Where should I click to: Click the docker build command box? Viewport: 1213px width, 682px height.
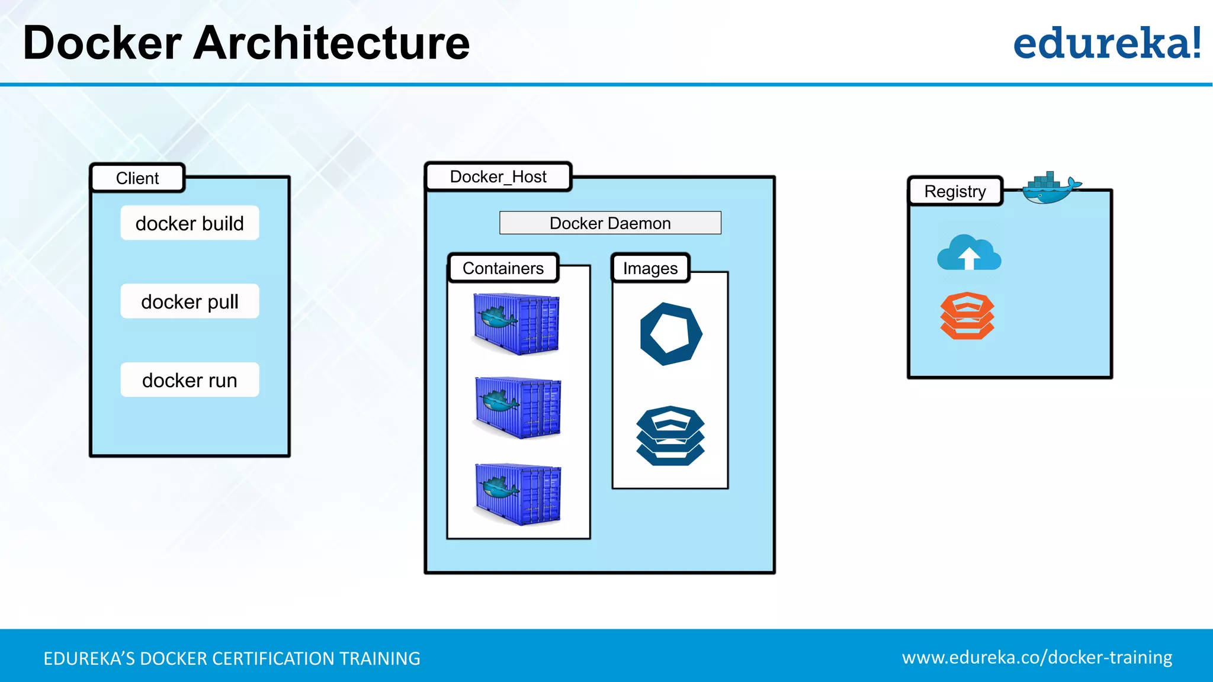190,223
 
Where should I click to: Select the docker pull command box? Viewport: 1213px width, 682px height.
190,301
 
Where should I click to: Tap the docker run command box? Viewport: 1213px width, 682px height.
190,379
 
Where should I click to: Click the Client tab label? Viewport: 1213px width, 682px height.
137,178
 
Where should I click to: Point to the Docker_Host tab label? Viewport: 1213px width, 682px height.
498,176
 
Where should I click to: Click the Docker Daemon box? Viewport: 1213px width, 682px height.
610,223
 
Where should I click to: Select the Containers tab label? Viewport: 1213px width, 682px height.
503,268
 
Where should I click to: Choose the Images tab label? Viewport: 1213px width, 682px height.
650,268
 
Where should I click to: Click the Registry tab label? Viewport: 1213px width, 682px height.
955,191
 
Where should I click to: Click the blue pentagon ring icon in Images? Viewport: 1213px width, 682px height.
670,334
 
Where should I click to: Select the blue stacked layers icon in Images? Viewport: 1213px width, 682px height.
670,436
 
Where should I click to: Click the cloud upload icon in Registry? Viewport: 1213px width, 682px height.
969,253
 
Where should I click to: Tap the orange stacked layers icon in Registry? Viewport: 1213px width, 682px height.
967,316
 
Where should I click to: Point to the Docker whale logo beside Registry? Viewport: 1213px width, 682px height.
1050,188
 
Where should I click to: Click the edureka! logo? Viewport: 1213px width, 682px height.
1106,43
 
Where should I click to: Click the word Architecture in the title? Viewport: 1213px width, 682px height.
331,43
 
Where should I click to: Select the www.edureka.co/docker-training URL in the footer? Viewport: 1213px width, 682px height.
1036,657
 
